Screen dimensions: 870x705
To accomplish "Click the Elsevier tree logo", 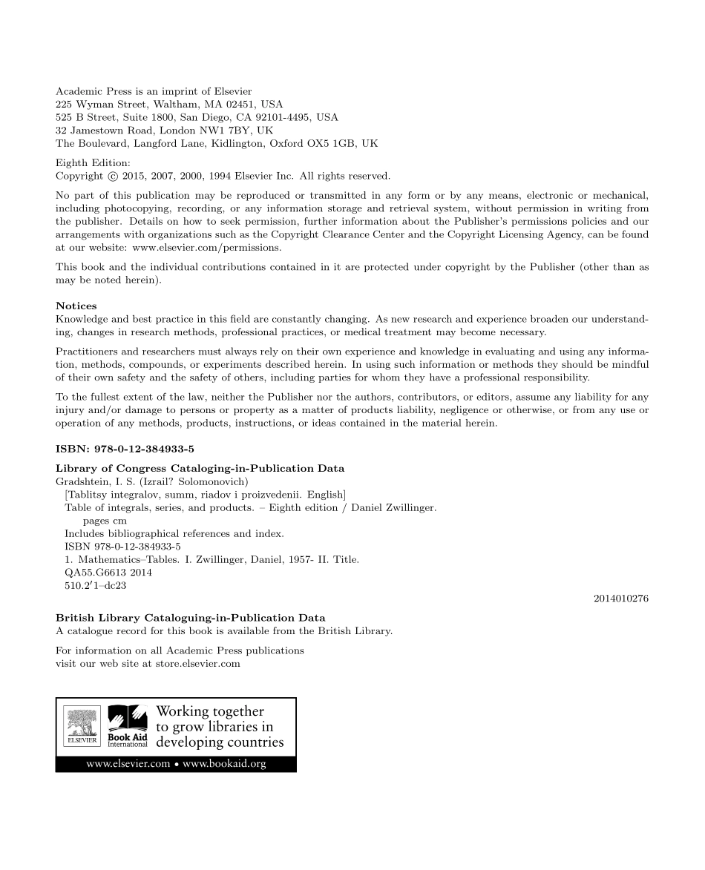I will click(x=77, y=727).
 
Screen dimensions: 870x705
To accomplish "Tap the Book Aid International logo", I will click(x=128, y=727).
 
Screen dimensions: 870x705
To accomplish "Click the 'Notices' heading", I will click(x=76, y=306).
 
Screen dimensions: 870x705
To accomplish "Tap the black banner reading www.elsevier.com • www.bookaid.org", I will click(x=176, y=765).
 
